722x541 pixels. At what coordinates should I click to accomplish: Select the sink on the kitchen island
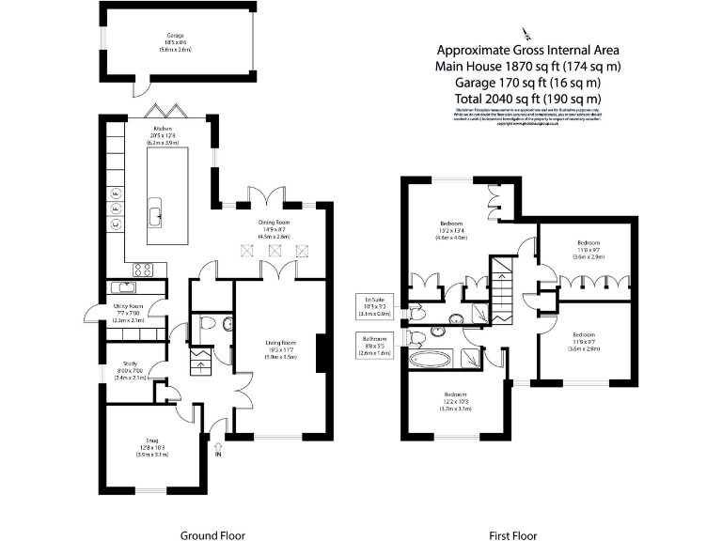(155, 216)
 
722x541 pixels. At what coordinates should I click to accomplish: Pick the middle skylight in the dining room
(275, 251)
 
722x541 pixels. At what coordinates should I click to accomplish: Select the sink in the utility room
(123, 287)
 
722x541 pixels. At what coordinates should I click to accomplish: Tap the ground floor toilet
(208, 325)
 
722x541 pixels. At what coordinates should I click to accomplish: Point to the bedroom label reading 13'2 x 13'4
(452, 230)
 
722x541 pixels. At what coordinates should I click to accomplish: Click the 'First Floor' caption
(513, 535)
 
